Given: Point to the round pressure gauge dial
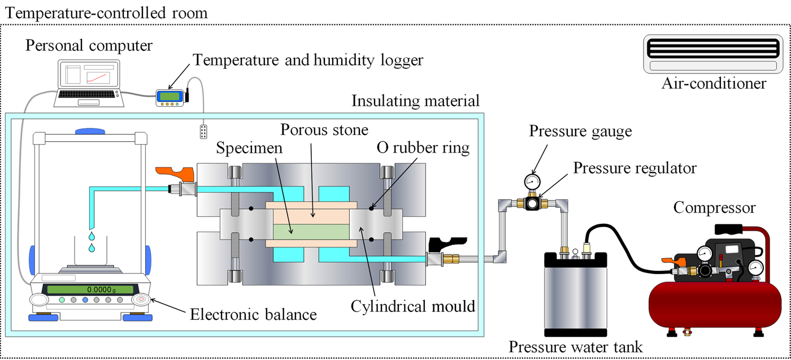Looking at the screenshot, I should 532,181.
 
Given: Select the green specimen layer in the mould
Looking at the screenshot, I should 311,231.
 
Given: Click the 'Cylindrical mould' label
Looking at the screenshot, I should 412,307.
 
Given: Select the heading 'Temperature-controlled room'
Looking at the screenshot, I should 105,12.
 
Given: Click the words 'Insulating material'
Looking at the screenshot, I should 415,101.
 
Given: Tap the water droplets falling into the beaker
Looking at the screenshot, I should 90,241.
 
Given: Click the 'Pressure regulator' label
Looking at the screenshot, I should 634,168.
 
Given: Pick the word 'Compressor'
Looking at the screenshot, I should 714,208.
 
